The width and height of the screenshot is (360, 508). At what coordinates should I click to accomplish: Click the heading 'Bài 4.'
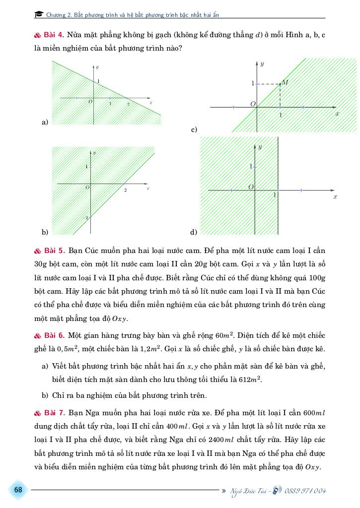tap(53, 36)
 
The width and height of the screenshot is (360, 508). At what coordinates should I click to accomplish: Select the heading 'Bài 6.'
tap(53, 336)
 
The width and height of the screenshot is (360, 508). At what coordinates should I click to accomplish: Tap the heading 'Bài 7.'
tap(53, 413)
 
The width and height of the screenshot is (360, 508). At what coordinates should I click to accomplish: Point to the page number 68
tap(18, 490)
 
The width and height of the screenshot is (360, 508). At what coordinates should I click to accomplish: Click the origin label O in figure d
tap(251, 187)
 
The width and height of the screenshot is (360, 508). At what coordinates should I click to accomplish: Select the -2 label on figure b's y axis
tap(85, 218)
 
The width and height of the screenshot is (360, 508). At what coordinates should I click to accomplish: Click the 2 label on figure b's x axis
tap(125, 190)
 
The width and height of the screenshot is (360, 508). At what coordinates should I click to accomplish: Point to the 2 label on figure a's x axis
tap(128, 104)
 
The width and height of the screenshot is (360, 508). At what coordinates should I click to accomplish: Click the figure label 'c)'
tap(194, 129)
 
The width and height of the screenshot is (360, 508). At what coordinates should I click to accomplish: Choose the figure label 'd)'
tap(194, 232)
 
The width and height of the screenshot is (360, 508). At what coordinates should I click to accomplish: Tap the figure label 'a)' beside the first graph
tap(45, 122)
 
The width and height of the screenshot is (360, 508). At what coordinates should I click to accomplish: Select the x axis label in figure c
tap(337, 114)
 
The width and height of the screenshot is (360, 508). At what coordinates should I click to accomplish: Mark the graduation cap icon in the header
tap(39, 15)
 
